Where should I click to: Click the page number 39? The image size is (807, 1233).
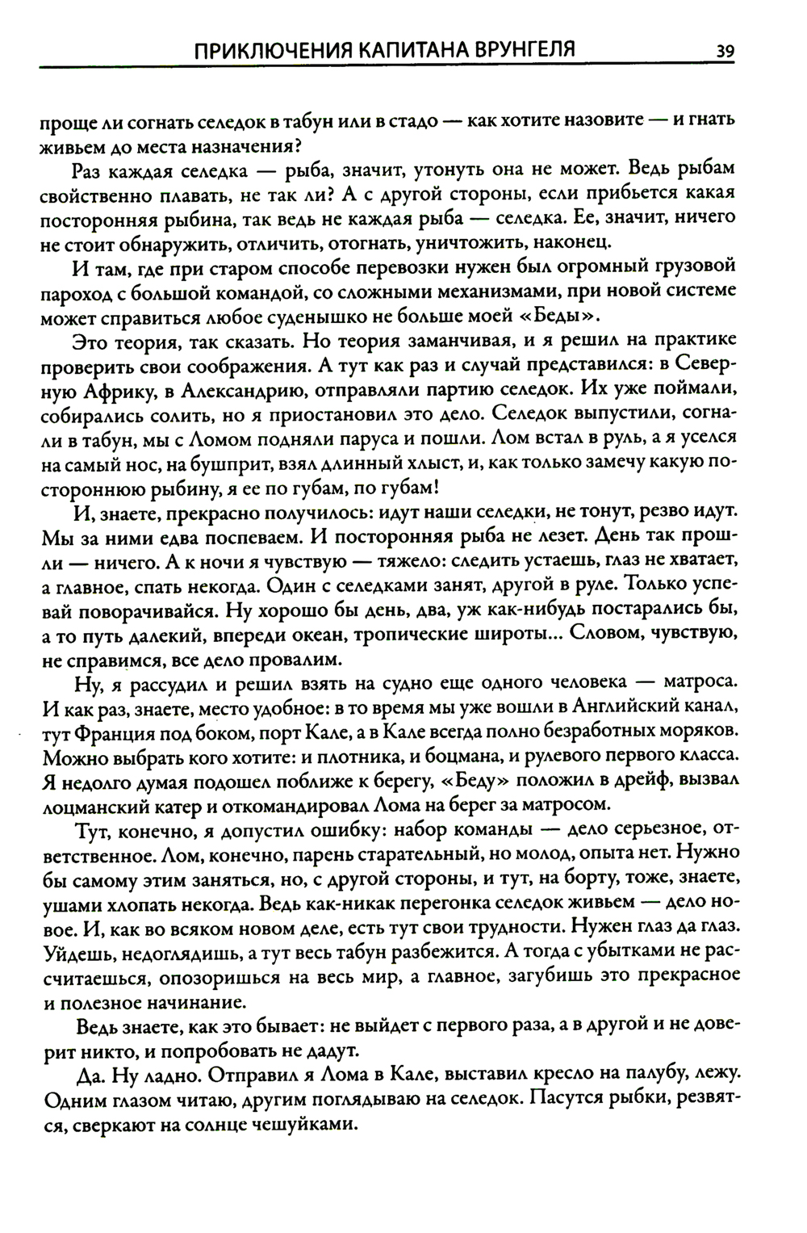724,52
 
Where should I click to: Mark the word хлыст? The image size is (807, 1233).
426,463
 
